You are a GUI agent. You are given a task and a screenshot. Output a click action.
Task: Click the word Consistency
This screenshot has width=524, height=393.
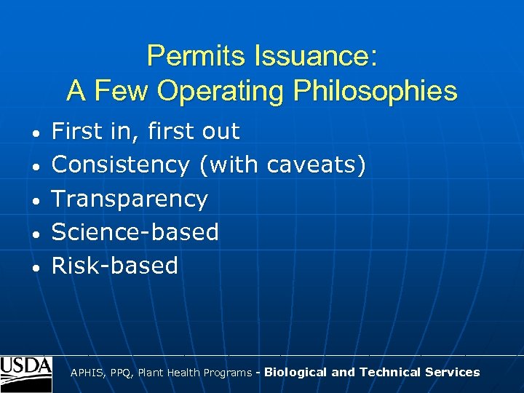(121, 165)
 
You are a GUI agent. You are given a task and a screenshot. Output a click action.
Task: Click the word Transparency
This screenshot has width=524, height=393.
(130, 199)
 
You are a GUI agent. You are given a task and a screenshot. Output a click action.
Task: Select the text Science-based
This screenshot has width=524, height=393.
(135, 232)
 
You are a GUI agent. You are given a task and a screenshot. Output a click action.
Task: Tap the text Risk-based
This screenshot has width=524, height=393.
(115, 266)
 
